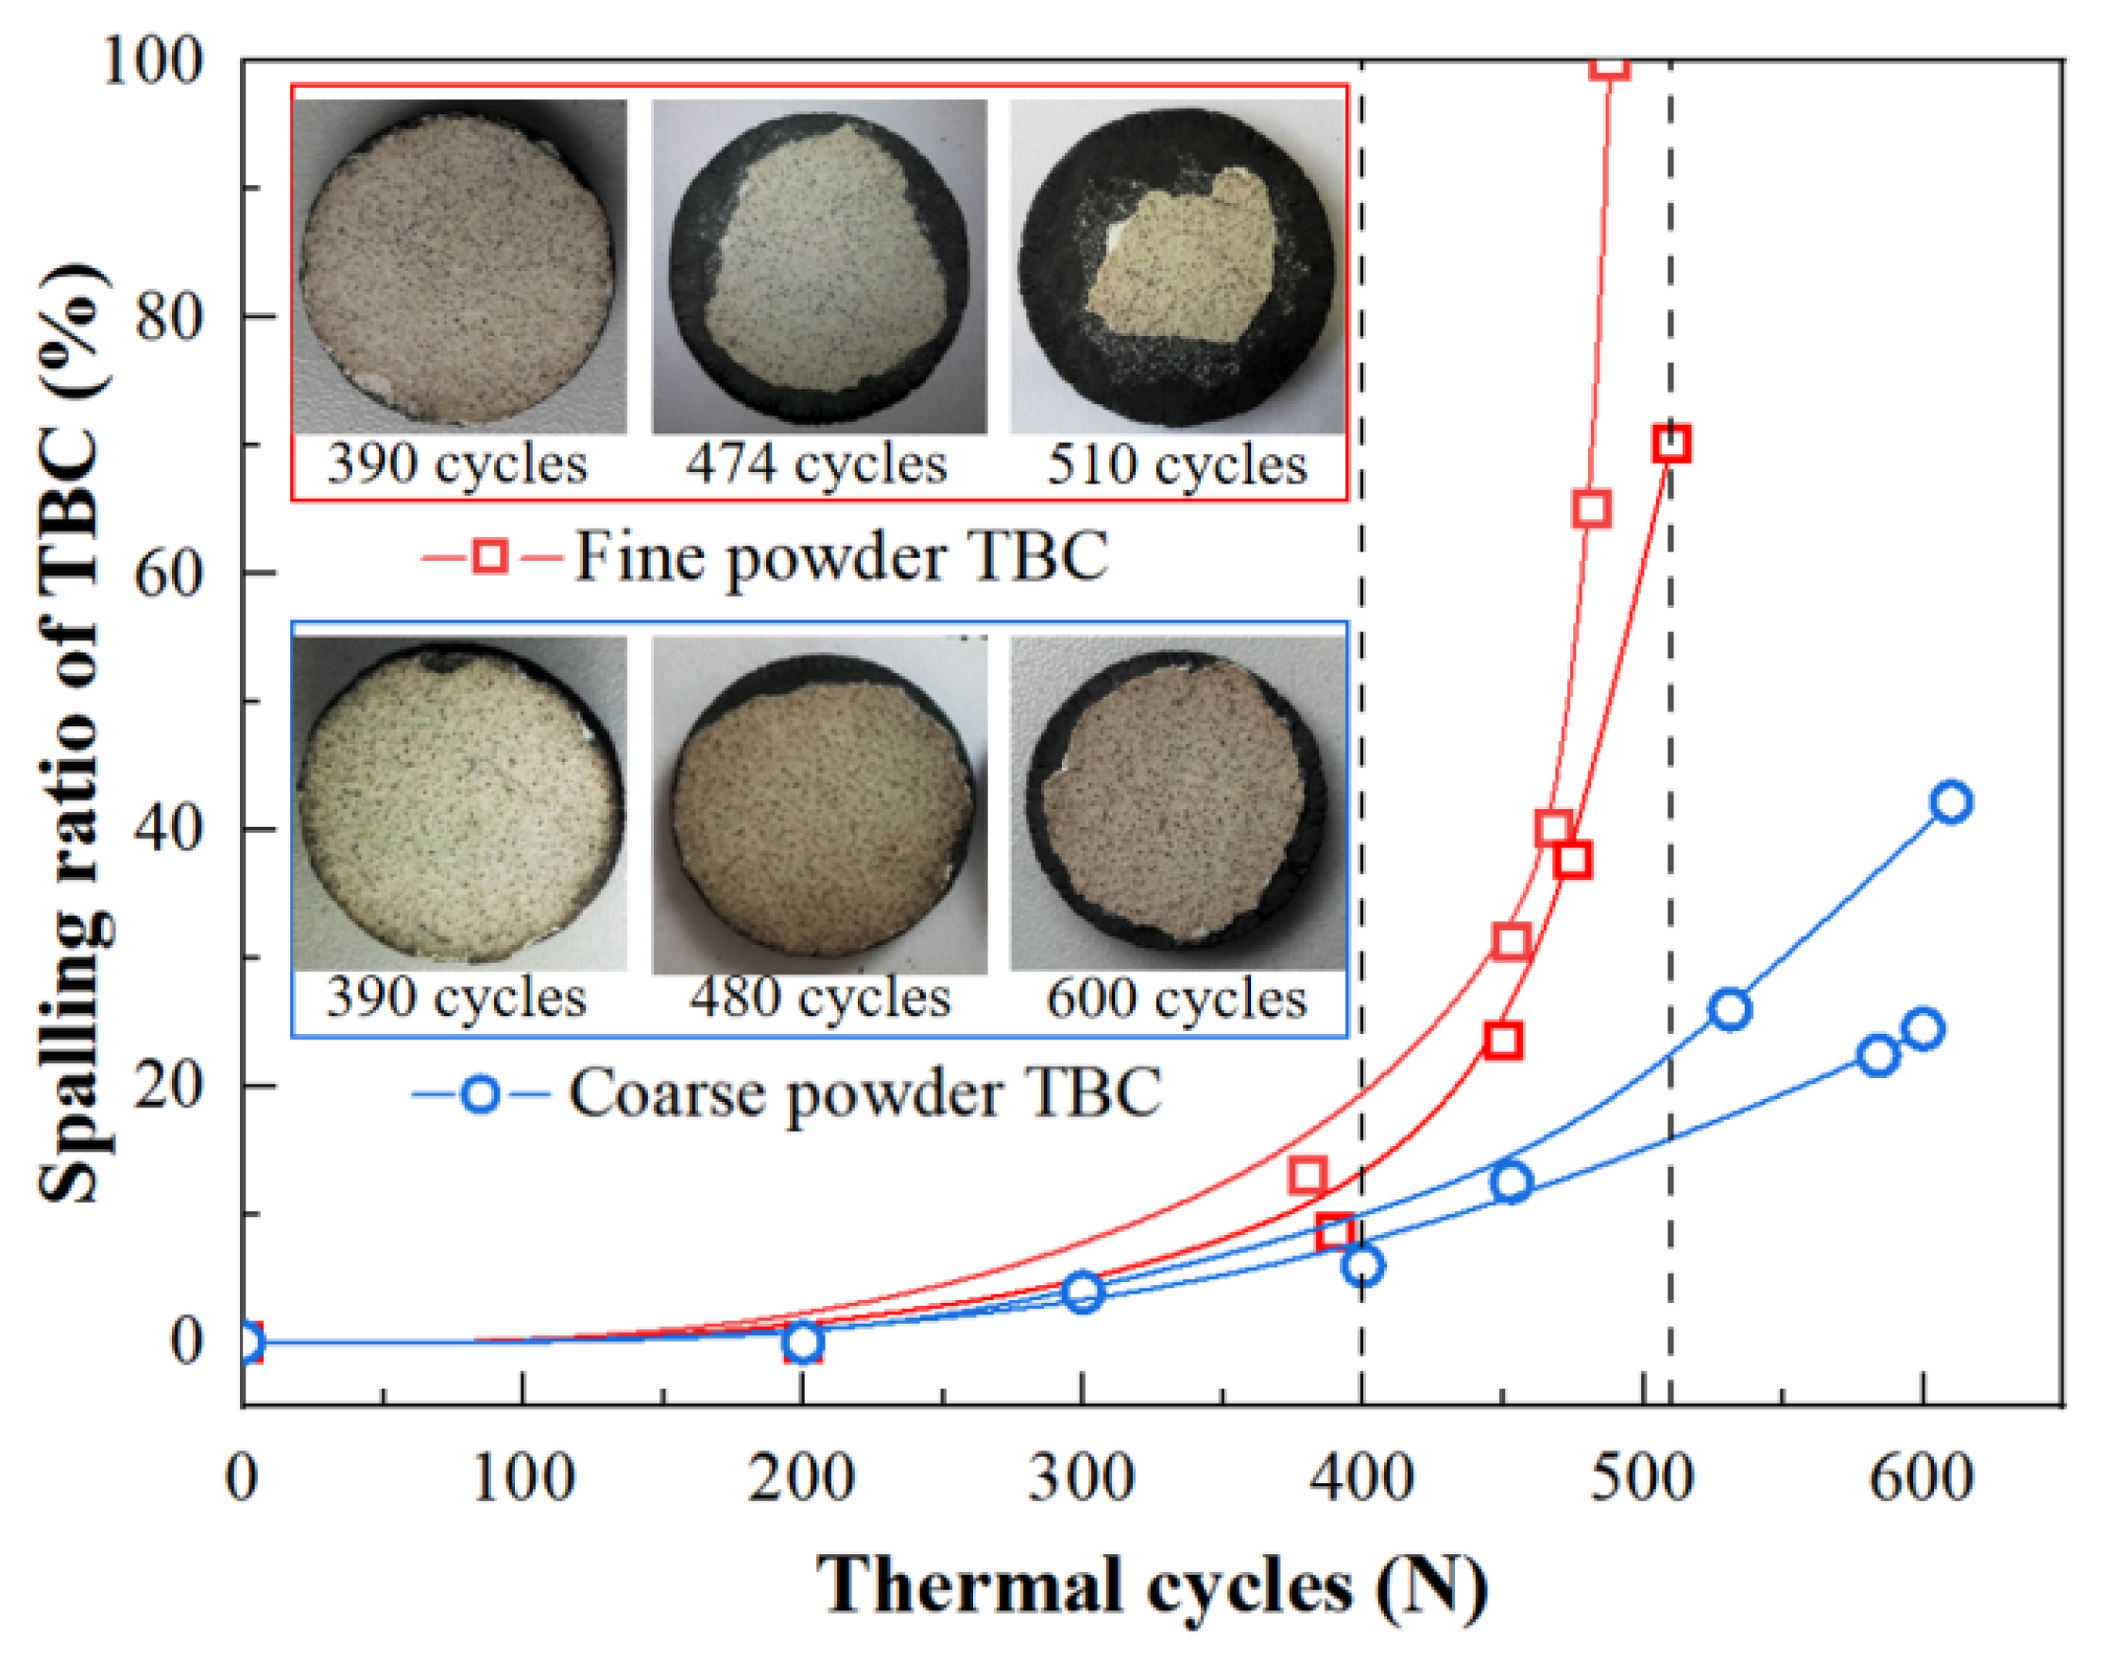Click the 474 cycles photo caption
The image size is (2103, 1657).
tap(816, 465)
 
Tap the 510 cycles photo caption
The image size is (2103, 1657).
tap(1176, 465)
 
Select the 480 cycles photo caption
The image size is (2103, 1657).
tap(820, 998)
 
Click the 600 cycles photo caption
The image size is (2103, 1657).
tap(1176, 998)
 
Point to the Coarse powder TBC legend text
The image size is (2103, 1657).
tap(863, 1093)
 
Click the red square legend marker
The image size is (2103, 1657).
tap(490, 557)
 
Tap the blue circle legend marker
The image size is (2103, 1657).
tap(480, 1093)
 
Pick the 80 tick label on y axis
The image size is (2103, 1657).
tap(167, 316)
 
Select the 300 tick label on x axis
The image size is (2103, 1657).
tap(1082, 1479)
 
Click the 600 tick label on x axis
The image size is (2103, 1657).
tap(1921, 1479)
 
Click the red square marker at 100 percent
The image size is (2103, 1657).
tap(1610, 65)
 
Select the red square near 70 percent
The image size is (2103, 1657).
tap(1671, 445)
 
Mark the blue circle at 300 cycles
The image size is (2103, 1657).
tap(1083, 1293)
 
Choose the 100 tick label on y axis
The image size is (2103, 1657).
tap(153, 60)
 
